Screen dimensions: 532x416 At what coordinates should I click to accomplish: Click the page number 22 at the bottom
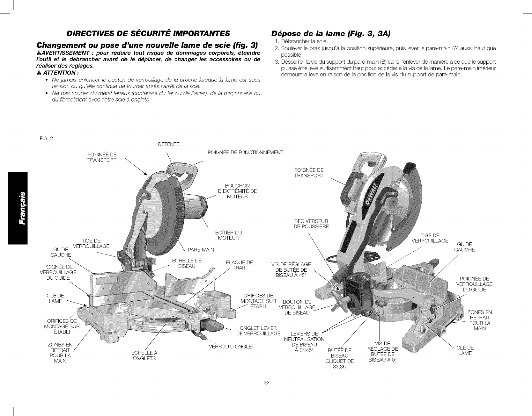coord(266,383)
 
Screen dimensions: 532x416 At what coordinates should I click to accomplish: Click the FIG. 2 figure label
coord(45,138)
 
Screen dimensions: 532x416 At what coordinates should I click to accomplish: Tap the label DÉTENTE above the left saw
coord(169,145)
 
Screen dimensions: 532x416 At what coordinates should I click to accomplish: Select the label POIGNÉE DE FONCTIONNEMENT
coord(245,153)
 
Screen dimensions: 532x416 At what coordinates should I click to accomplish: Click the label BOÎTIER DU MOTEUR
coord(229,235)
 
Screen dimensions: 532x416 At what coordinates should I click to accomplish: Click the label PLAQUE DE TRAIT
coord(239,265)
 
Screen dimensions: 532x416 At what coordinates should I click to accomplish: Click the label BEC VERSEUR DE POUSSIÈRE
coord(311,224)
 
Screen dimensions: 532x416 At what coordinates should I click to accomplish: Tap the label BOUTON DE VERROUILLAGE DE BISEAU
coord(297,307)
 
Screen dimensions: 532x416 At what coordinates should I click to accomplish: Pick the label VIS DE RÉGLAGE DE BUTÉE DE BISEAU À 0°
coord(383,351)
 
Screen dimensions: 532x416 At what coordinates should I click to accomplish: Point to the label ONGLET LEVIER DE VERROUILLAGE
coord(258,331)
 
